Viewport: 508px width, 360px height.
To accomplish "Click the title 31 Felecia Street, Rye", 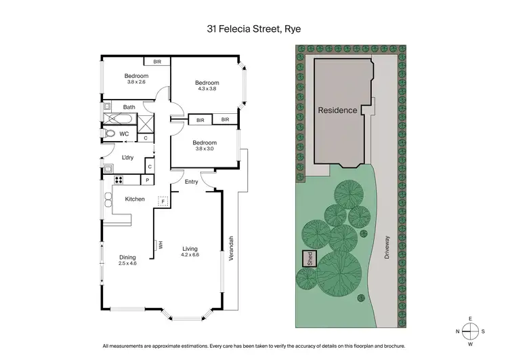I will tap(254, 29).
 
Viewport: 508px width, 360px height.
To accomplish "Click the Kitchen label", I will tap(135, 199).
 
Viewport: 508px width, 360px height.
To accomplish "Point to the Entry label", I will tap(192, 181).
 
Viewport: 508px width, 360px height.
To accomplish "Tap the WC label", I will tap(124, 134).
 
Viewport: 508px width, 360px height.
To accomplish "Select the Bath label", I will tap(129, 107).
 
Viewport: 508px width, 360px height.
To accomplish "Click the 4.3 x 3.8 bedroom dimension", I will tap(209, 89).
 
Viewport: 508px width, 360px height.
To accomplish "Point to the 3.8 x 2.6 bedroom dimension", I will tap(136, 82).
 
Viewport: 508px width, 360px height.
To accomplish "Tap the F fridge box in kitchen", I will tap(162, 201).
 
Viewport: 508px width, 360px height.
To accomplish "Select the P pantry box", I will tap(147, 180).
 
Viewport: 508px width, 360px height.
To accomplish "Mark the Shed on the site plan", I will tap(309, 258).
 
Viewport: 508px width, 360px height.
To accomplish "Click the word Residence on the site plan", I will tap(337, 110).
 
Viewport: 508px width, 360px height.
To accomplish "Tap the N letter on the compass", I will tap(458, 331).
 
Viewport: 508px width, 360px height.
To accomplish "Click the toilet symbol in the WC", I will tap(110, 134).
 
